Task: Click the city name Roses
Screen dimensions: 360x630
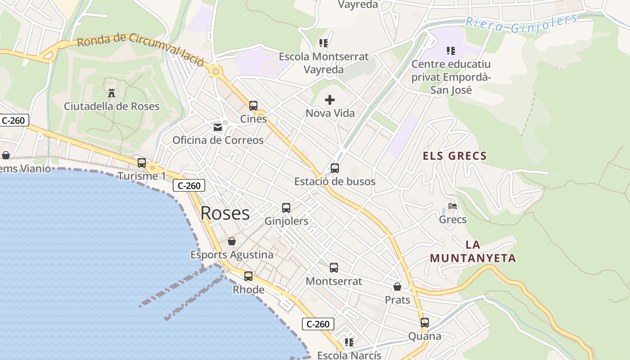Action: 225,213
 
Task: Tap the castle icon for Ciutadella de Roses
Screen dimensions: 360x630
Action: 112,93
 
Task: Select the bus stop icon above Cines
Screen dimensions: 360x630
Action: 253,106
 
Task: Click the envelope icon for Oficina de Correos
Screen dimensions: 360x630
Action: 218,127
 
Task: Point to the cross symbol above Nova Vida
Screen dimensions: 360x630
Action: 330,100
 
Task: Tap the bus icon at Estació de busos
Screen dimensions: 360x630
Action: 334,168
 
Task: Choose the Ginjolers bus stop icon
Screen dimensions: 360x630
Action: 286,208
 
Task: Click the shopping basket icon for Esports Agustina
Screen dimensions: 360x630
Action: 232,242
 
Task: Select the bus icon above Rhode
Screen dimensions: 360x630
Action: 248,276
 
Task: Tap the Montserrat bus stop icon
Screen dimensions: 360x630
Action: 333,268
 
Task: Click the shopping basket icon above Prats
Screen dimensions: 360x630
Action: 397,287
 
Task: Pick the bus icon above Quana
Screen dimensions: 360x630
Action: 424,323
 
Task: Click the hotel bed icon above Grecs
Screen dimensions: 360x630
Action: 453,206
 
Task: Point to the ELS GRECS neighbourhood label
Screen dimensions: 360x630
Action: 454,156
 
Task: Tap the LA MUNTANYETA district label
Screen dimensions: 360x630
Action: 472,252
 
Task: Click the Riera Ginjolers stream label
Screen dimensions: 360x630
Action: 521,23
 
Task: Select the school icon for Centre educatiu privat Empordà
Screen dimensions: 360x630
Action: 450,51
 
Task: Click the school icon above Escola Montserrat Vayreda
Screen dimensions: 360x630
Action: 323,43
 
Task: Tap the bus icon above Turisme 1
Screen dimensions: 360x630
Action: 142,163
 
